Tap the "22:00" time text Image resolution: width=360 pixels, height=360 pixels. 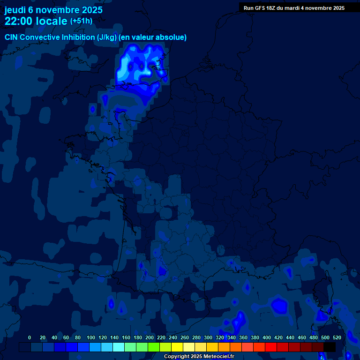[19, 21]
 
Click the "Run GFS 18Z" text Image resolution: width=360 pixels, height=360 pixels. [259, 8]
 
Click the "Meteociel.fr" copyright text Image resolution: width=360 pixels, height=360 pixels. [218, 357]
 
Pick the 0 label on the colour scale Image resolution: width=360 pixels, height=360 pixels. [30, 337]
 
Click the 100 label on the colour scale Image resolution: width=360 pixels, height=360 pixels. [91, 337]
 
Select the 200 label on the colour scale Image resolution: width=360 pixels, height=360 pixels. [150, 337]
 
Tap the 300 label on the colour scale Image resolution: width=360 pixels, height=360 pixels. [208, 337]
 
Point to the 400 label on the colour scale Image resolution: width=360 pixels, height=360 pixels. [267, 337]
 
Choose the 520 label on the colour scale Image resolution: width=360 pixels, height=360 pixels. [337, 337]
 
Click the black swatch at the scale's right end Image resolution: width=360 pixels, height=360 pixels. [330, 347]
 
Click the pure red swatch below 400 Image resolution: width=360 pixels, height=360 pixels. [271, 347]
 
